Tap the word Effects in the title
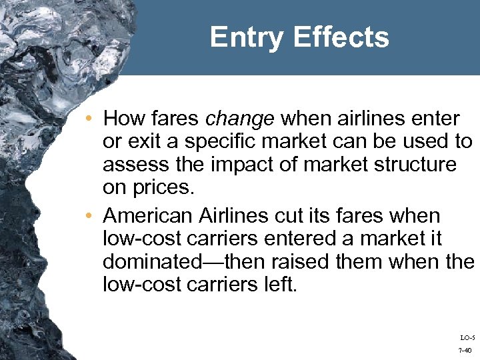tap(343, 37)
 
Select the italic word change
tap(239, 119)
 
